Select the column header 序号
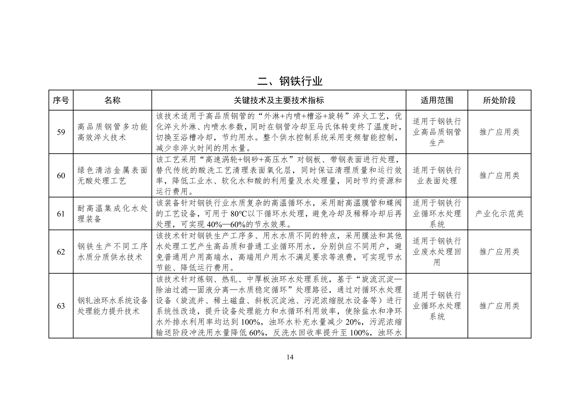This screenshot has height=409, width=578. (x=61, y=100)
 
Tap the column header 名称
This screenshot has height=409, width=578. (x=112, y=100)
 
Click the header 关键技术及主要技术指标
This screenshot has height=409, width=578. (x=279, y=100)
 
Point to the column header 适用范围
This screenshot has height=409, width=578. (x=437, y=100)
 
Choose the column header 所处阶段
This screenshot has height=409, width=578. (x=499, y=100)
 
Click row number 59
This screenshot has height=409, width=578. (x=61, y=132)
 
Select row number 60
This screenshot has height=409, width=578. (x=61, y=176)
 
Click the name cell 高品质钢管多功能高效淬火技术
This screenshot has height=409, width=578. (x=112, y=132)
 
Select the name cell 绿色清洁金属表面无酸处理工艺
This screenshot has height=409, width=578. (x=112, y=176)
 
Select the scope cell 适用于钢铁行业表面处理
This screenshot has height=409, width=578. (x=437, y=176)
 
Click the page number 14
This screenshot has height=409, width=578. (x=290, y=357)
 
